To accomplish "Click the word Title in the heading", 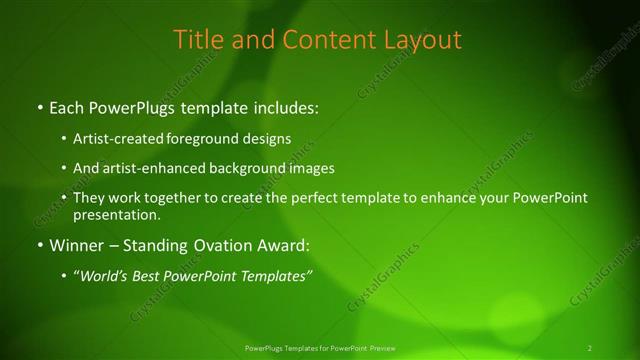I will pos(197,40).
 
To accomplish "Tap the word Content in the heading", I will pos(315,40).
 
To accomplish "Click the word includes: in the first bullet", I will pos(285,105).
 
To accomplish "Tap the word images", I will pos(309,168).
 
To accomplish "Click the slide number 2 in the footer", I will pos(589,348).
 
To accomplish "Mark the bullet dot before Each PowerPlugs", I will pos(38,106).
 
